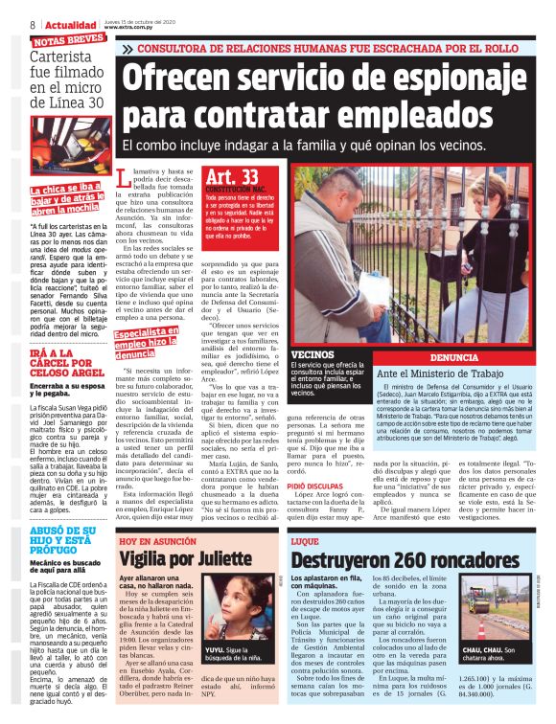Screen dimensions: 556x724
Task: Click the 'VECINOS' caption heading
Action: tap(313, 355)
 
